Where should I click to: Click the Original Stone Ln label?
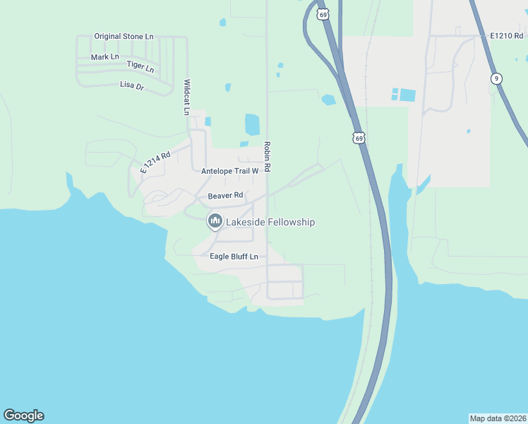[x=124, y=36]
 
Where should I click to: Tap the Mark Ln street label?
[x=105, y=57]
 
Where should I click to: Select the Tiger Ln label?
[x=140, y=66]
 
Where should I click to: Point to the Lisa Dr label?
[x=132, y=86]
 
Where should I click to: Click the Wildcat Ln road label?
[x=187, y=97]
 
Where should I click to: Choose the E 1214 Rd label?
[x=156, y=163]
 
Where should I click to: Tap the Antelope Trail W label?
[x=230, y=171]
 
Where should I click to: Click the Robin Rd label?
[x=268, y=157]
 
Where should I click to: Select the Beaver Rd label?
[x=225, y=195]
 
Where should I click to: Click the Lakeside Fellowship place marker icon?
[x=215, y=221]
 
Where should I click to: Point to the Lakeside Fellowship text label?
[x=270, y=222]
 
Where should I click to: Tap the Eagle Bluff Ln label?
[x=234, y=256]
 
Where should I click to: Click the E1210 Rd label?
[x=507, y=35]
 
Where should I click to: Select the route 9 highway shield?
[x=497, y=78]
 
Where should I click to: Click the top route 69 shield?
[x=323, y=14]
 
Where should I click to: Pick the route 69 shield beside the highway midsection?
[x=359, y=139]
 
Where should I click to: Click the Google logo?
[x=23, y=416]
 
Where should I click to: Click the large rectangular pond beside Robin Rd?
[x=252, y=124]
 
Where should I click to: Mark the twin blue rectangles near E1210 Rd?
[x=404, y=94]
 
